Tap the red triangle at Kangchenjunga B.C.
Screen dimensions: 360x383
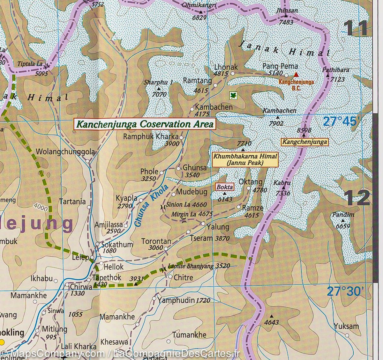click(x=296, y=75)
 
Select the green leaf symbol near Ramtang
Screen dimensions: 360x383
click(x=233, y=95)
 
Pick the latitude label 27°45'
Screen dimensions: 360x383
click(x=342, y=121)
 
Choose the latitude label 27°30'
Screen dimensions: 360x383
click(x=345, y=291)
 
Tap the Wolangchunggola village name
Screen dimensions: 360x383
click(x=66, y=152)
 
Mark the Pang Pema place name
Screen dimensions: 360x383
click(x=280, y=66)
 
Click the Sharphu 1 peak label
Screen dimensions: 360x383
click(x=158, y=82)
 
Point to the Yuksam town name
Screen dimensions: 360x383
click(x=346, y=326)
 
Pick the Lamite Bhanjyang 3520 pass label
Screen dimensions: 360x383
click(x=199, y=266)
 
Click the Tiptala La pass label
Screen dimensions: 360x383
click(x=30, y=64)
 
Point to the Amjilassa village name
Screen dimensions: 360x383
click(x=109, y=225)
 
